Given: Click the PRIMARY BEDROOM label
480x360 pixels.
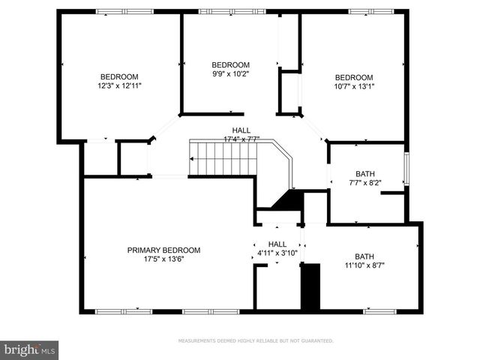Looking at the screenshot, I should (x=163, y=250).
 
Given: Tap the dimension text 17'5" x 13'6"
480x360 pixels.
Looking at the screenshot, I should (x=163, y=260).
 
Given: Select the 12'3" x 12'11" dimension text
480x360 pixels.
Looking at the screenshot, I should (x=120, y=86).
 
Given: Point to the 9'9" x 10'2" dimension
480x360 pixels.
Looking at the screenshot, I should (x=230, y=74).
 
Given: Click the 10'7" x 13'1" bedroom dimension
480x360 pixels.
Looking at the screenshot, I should (x=353, y=86).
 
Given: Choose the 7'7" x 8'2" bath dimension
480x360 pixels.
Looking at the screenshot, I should (x=365, y=182).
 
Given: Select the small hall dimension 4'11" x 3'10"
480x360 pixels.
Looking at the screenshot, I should (x=277, y=253).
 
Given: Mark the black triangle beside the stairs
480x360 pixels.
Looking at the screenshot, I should (x=287, y=200).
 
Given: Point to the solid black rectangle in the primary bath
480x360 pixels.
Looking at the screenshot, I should (x=310, y=286).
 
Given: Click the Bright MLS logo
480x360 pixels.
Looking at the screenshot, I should (x=30, y=349).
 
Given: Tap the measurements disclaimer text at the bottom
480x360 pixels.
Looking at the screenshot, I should (x=255, y=340).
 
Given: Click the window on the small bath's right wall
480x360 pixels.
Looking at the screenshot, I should (x=406, y=169).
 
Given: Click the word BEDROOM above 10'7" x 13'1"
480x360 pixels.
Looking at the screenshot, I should (x=353, y=77).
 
